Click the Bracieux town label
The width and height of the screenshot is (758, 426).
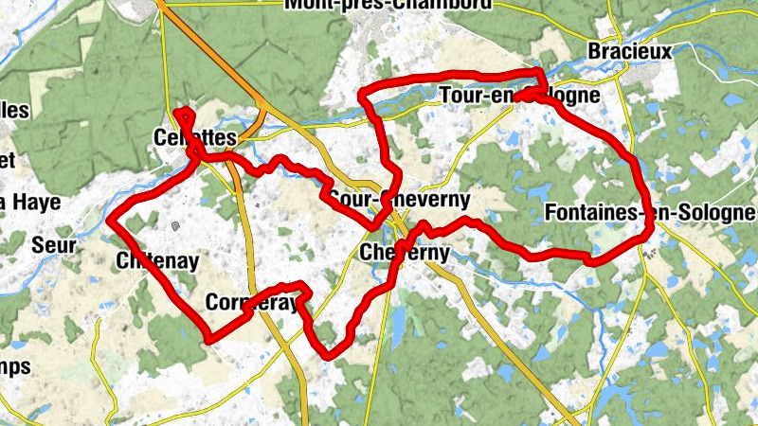click(x=630, y=51)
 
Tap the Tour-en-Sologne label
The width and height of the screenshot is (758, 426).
click(x=519, y=96)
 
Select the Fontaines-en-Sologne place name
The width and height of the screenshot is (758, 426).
click(x=650, y=213)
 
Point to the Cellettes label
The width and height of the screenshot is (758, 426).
click(x=193, y=138)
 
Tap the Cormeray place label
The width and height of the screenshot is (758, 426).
click(x=252, y=304)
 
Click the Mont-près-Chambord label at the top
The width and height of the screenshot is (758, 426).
click(x=388, y=5)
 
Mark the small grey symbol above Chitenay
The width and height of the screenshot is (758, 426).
click(x=176, y=226)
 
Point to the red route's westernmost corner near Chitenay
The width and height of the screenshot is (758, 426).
click(x=108, y=222)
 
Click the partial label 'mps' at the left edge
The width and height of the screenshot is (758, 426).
click(x=15, y=366)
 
